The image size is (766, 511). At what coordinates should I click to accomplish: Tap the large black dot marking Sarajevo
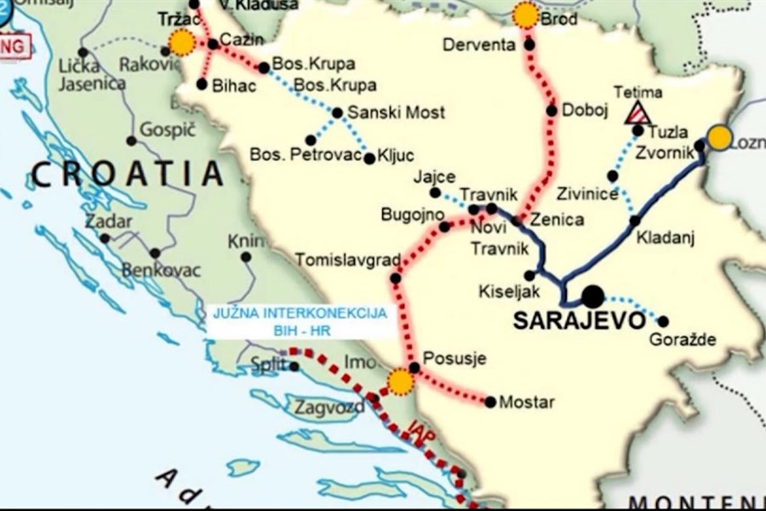click(x=592, y=296)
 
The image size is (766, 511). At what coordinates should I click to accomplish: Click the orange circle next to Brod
click(x=526, y=15)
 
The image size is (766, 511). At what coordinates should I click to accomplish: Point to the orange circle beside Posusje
click(x=399, y=382)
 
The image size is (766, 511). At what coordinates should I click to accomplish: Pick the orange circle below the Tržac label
click(x=181, y=43)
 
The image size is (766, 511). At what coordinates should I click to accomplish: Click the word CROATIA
click(x=128, y=175)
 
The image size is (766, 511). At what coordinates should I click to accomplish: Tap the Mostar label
click(x=527, y=401)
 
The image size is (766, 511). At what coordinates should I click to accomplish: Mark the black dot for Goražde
click(x=663, y=321)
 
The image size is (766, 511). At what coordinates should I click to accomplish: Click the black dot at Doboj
click(x=552, y=110)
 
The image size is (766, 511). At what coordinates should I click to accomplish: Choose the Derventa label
click(x=479, y=44)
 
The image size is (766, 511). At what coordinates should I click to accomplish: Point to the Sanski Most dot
click(x=337, y=112)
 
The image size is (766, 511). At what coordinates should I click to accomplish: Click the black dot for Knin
click(x=246, y=256)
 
